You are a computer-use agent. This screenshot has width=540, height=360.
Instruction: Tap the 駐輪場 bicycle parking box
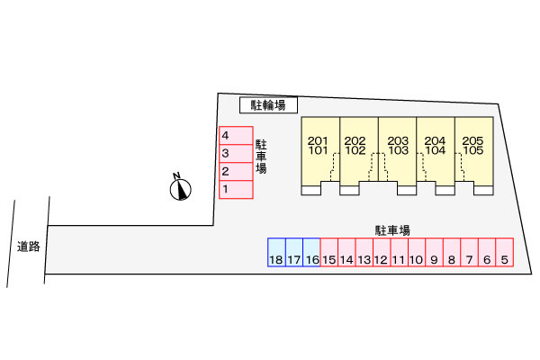[x=268, y=105]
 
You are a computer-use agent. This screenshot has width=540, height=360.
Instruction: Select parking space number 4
[x=236, y=135]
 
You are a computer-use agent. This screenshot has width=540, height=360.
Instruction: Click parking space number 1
[x=236, y=190]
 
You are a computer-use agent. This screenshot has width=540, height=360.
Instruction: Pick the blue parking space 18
[x=276, y=252]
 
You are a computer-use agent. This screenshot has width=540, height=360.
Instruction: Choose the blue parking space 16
[x=311, y=252]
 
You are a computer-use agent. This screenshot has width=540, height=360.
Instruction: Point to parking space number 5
[x=505, y=252]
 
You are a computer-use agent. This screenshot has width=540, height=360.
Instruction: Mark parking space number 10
[x=417, y=252]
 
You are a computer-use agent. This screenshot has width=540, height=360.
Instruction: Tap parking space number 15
[x=329, y=252]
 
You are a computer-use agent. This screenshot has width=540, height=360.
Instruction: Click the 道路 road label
[x=29, y=247]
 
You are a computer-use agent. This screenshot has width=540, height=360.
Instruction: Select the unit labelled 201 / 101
[x=320, y=156]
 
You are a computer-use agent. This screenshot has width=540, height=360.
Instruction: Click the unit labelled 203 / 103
[x=398, y=156]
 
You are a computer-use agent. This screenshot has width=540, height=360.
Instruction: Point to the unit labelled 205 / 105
[x=474, y=156]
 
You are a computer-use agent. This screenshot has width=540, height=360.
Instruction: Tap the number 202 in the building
[x=355, y=140]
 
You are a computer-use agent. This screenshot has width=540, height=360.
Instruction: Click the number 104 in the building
[x=436, y=150]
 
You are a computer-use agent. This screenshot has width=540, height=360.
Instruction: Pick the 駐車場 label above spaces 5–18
[x=392, y=230]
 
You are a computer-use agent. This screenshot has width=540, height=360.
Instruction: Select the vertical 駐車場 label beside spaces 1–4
[x=261, y=157]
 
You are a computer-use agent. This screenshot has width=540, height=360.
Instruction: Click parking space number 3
[x=236, y=153]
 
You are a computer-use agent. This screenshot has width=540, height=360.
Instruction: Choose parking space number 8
[x=452, y=252]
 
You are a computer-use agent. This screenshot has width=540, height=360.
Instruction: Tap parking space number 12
[x=382, y=252]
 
